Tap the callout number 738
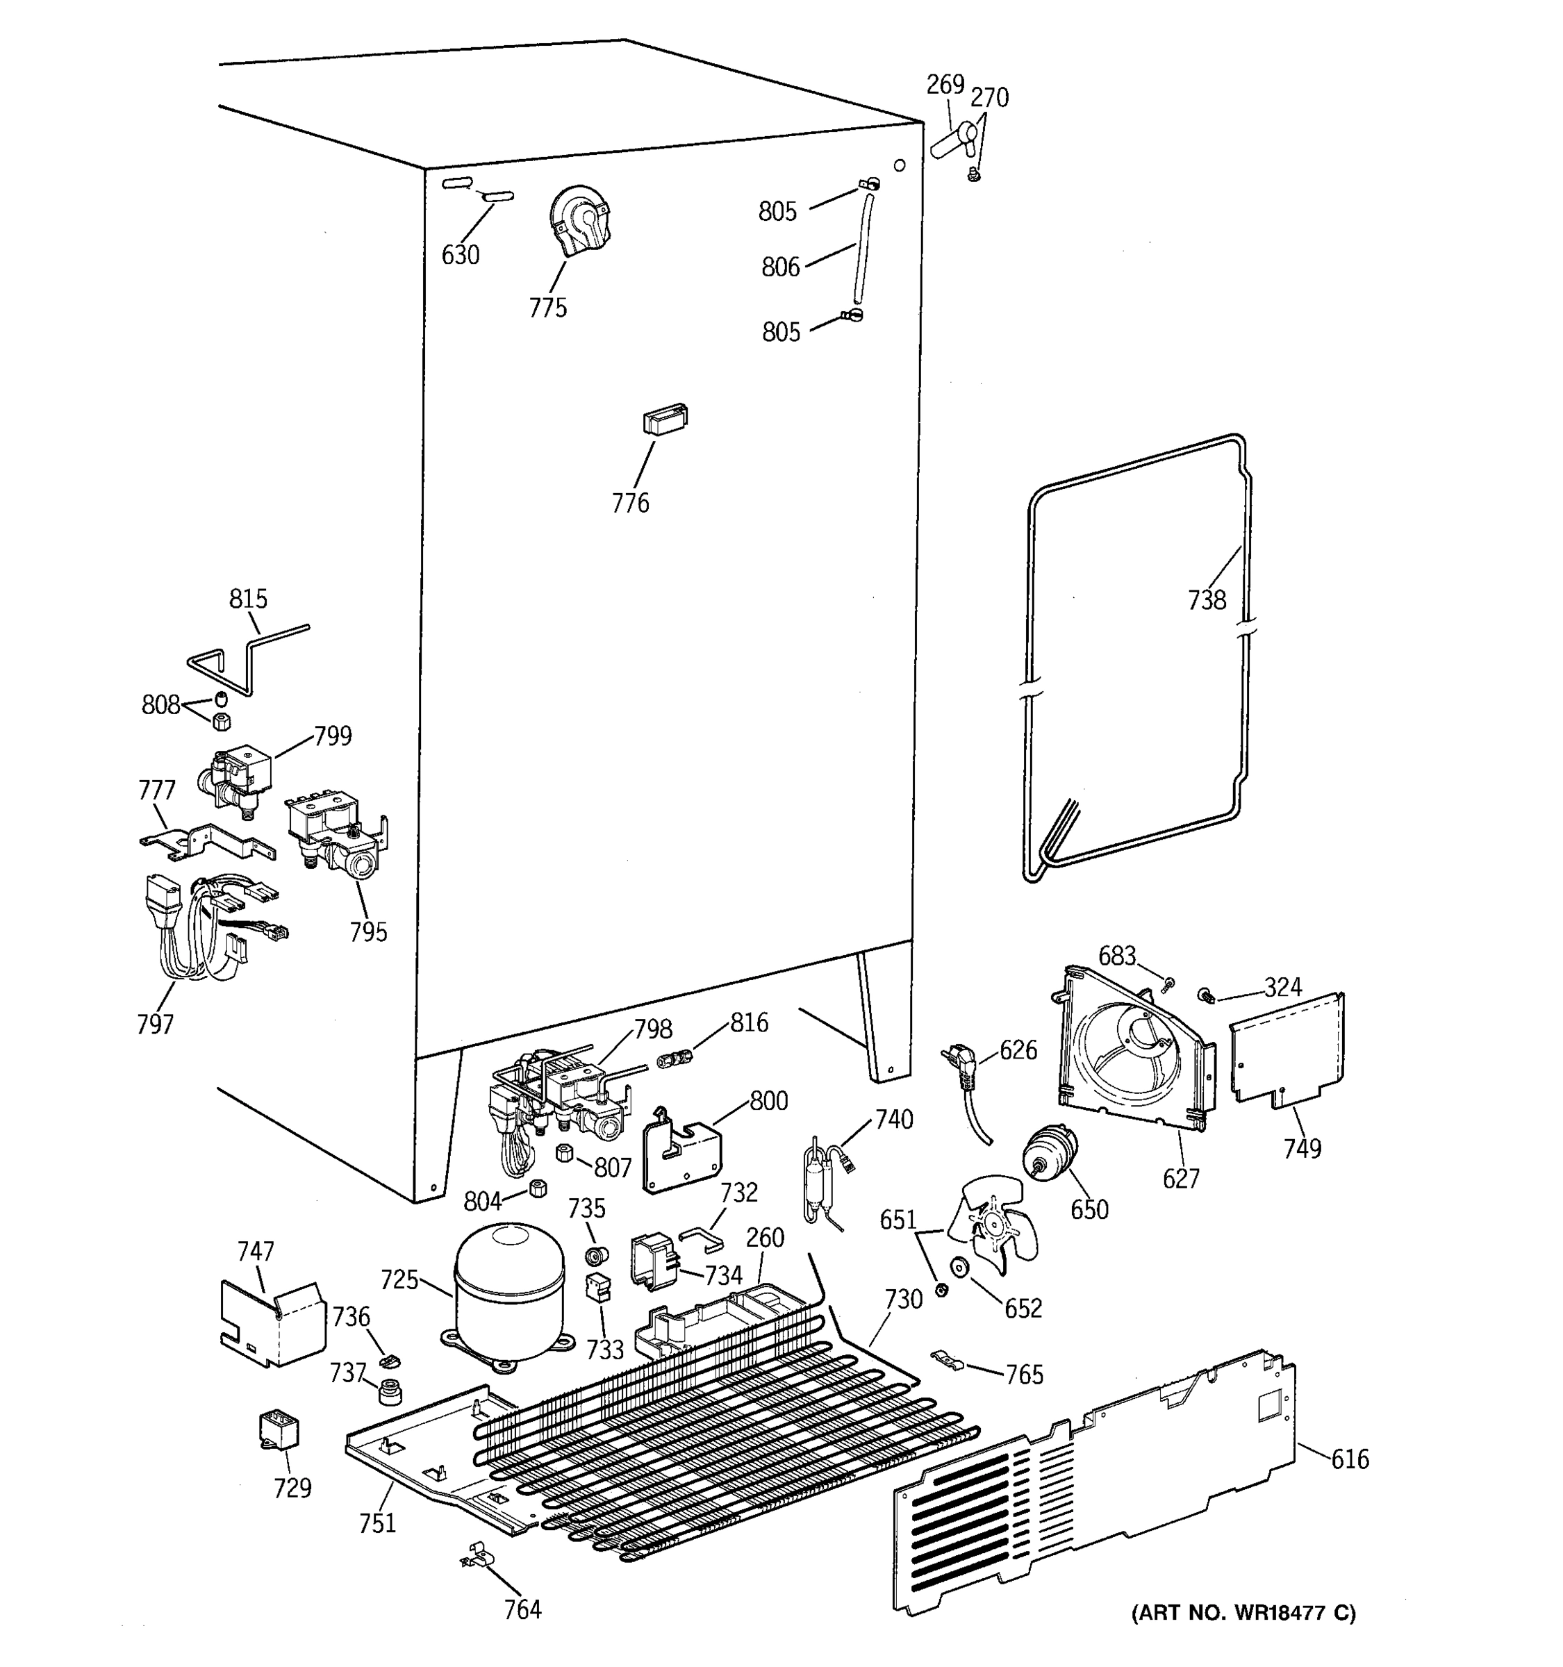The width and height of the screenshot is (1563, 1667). coord(1207,600)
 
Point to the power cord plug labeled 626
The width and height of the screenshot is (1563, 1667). coord(962,1068)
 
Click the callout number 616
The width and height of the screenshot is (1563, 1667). coord(1349,1460)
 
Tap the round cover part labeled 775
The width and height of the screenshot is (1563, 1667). coord(579,219)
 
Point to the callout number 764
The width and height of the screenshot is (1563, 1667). coord(522,1610)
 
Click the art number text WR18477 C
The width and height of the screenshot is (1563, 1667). coord(1243,1613)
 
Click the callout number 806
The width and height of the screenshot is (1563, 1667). coord(780,267)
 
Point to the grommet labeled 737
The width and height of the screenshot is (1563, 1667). coord(388,1391)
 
